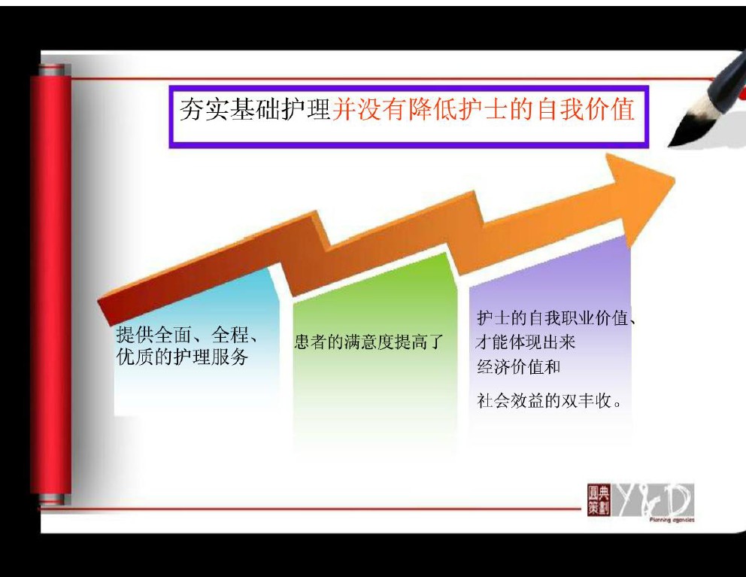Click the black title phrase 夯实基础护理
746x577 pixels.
(x=255, y=109)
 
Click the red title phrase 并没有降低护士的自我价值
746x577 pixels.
(x=484, y=109)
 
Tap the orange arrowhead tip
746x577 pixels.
(x=674, y=178)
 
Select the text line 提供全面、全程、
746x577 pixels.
(x=187, y=336)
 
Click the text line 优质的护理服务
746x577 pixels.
(x=182, y=357)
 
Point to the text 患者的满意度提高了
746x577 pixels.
(x=368, y=342)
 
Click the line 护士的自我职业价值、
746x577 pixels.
(x=556, y=317)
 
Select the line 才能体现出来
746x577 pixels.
(x=525, y=342)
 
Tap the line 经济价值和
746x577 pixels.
(x=519, y=366)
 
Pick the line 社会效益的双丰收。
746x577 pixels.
(x=550, y=400)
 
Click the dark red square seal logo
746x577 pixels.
(x=599, y=500)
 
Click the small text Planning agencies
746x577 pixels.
(x=672, y=520)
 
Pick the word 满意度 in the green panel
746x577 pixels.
(x=368, y=342)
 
